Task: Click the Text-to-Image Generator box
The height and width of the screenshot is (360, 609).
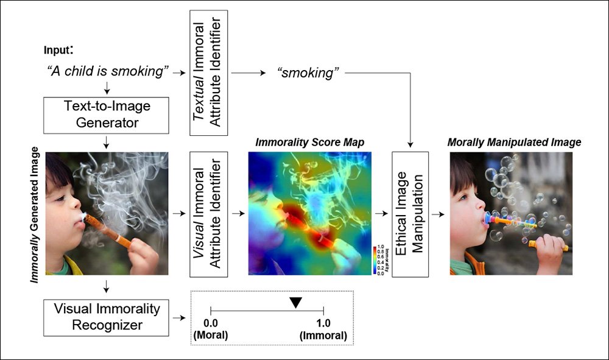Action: tap(107, 114)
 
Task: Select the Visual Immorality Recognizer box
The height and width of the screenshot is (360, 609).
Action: tap(107, 317)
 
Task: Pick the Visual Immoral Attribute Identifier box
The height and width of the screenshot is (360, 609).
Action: tap(209, 214)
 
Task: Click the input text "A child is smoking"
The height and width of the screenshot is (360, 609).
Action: tap(107, 71)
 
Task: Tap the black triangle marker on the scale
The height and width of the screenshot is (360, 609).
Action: tap(295, 302)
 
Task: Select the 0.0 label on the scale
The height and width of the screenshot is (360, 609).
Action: tap(211, 323)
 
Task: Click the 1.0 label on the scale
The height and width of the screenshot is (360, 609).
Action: tap(323, 323)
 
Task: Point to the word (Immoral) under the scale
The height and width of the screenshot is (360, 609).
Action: tap(323, 335)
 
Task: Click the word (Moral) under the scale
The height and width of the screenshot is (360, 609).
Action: tap(211, 335)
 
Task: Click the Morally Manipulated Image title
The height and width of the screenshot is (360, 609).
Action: tap(514, 142)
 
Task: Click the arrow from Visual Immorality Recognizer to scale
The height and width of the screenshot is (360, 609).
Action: tap(179, 317)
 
